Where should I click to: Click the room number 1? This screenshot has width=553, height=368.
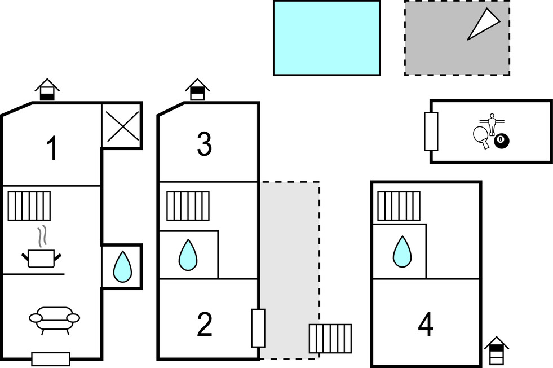pyautogui.click(x=52, y=149)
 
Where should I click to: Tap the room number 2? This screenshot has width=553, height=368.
pyautogui.click(x=204, y=325)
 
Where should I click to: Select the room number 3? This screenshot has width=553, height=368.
pyautogui.click(x=204, y=144)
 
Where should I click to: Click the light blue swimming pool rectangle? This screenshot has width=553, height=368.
pyautogui.click(x=326, y=38)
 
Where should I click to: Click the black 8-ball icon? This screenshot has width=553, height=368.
pyautogui.click(x=501, y=141)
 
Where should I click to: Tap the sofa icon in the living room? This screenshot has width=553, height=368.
pyautogui.click(x=54, y=319)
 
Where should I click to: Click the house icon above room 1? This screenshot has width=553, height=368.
pyautogui.click(x=47, y=90)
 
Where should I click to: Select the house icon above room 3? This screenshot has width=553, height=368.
pyautogui.click(x=197, y=90)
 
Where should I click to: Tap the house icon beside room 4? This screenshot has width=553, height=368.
pyautogui.click(x=497, y=351)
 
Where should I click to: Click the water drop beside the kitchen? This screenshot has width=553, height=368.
pyautogui.click(x=122, y=267)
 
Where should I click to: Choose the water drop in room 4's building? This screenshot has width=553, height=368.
pyautogui.click(x=402, y=251)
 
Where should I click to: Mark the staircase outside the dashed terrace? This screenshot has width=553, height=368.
pyautogui.click(x=330, y=338)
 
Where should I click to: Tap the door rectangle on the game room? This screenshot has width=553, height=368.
pyautogui.click(x=431, y=131)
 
